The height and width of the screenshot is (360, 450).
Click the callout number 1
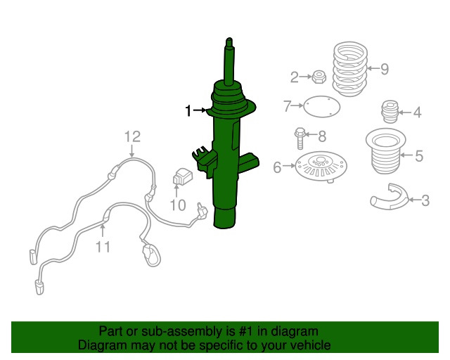click(x=188, y=110)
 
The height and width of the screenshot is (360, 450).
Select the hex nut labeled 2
click(x=319, y=77)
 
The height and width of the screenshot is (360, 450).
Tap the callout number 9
click(x=385, y=69)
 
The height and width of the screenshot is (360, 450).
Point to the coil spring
click(x=350, y=69)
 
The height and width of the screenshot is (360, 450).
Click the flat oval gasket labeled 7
click(x=322, y=106)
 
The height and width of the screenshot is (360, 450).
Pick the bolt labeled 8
click(x=300, y=139)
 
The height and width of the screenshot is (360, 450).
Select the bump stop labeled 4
click(x=390, y=111)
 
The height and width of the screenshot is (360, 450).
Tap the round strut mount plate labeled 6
click(x=321, y=167)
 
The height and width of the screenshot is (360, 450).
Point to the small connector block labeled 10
click(x=183, y=176)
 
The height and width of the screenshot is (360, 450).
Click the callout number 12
click(x=133, y=136)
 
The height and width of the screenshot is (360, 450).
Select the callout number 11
click(x=103, y=247)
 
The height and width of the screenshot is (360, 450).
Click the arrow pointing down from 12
click(x=131, y=151)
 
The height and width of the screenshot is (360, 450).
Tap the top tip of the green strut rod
click(x=229, y=38)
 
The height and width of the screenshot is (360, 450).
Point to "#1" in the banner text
click(x=246, y=332)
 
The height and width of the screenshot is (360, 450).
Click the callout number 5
click(x=419, y=156)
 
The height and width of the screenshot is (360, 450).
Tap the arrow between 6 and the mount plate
click(x=289, y=166)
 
